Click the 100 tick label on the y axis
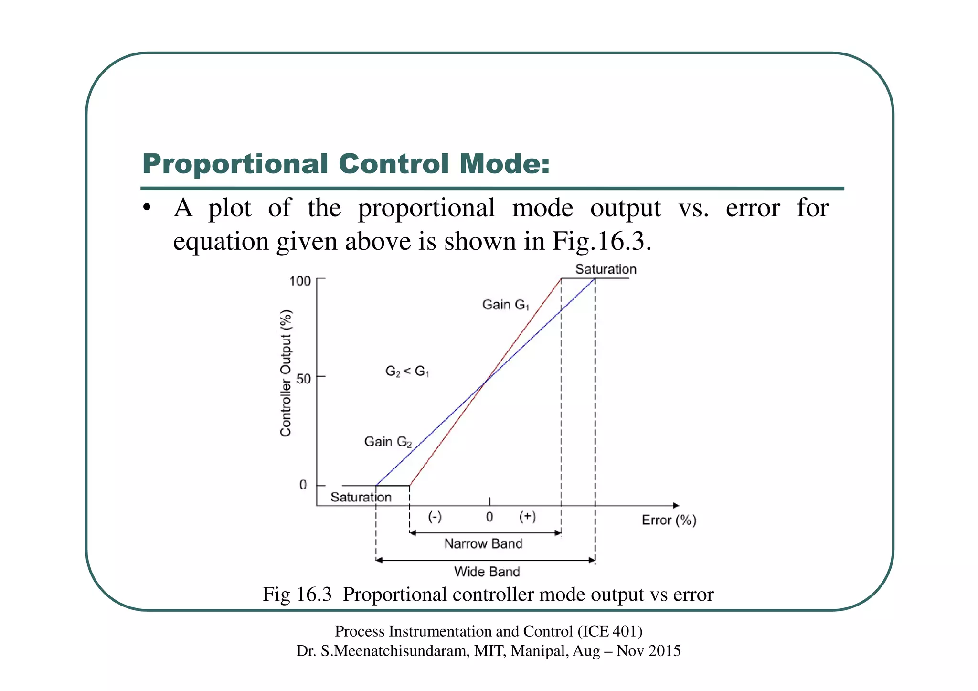pos(300,281)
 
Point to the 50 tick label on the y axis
pos(303,379)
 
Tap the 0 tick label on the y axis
pos(303,485)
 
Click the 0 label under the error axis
pos(489,517)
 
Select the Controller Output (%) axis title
pos(286,373)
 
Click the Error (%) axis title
pos(669,520)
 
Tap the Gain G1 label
pos(506,305)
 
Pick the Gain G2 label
pos(388,442)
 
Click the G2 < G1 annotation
pos(407,371)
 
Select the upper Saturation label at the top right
pos(606,269)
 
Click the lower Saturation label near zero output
pos(361,498)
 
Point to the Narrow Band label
pos(483,543)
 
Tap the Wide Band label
pos(487,572)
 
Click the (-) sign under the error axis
pos(435,517)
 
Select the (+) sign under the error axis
pos(528,517)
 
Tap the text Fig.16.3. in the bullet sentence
pos(602,241)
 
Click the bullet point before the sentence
pos(147,208)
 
